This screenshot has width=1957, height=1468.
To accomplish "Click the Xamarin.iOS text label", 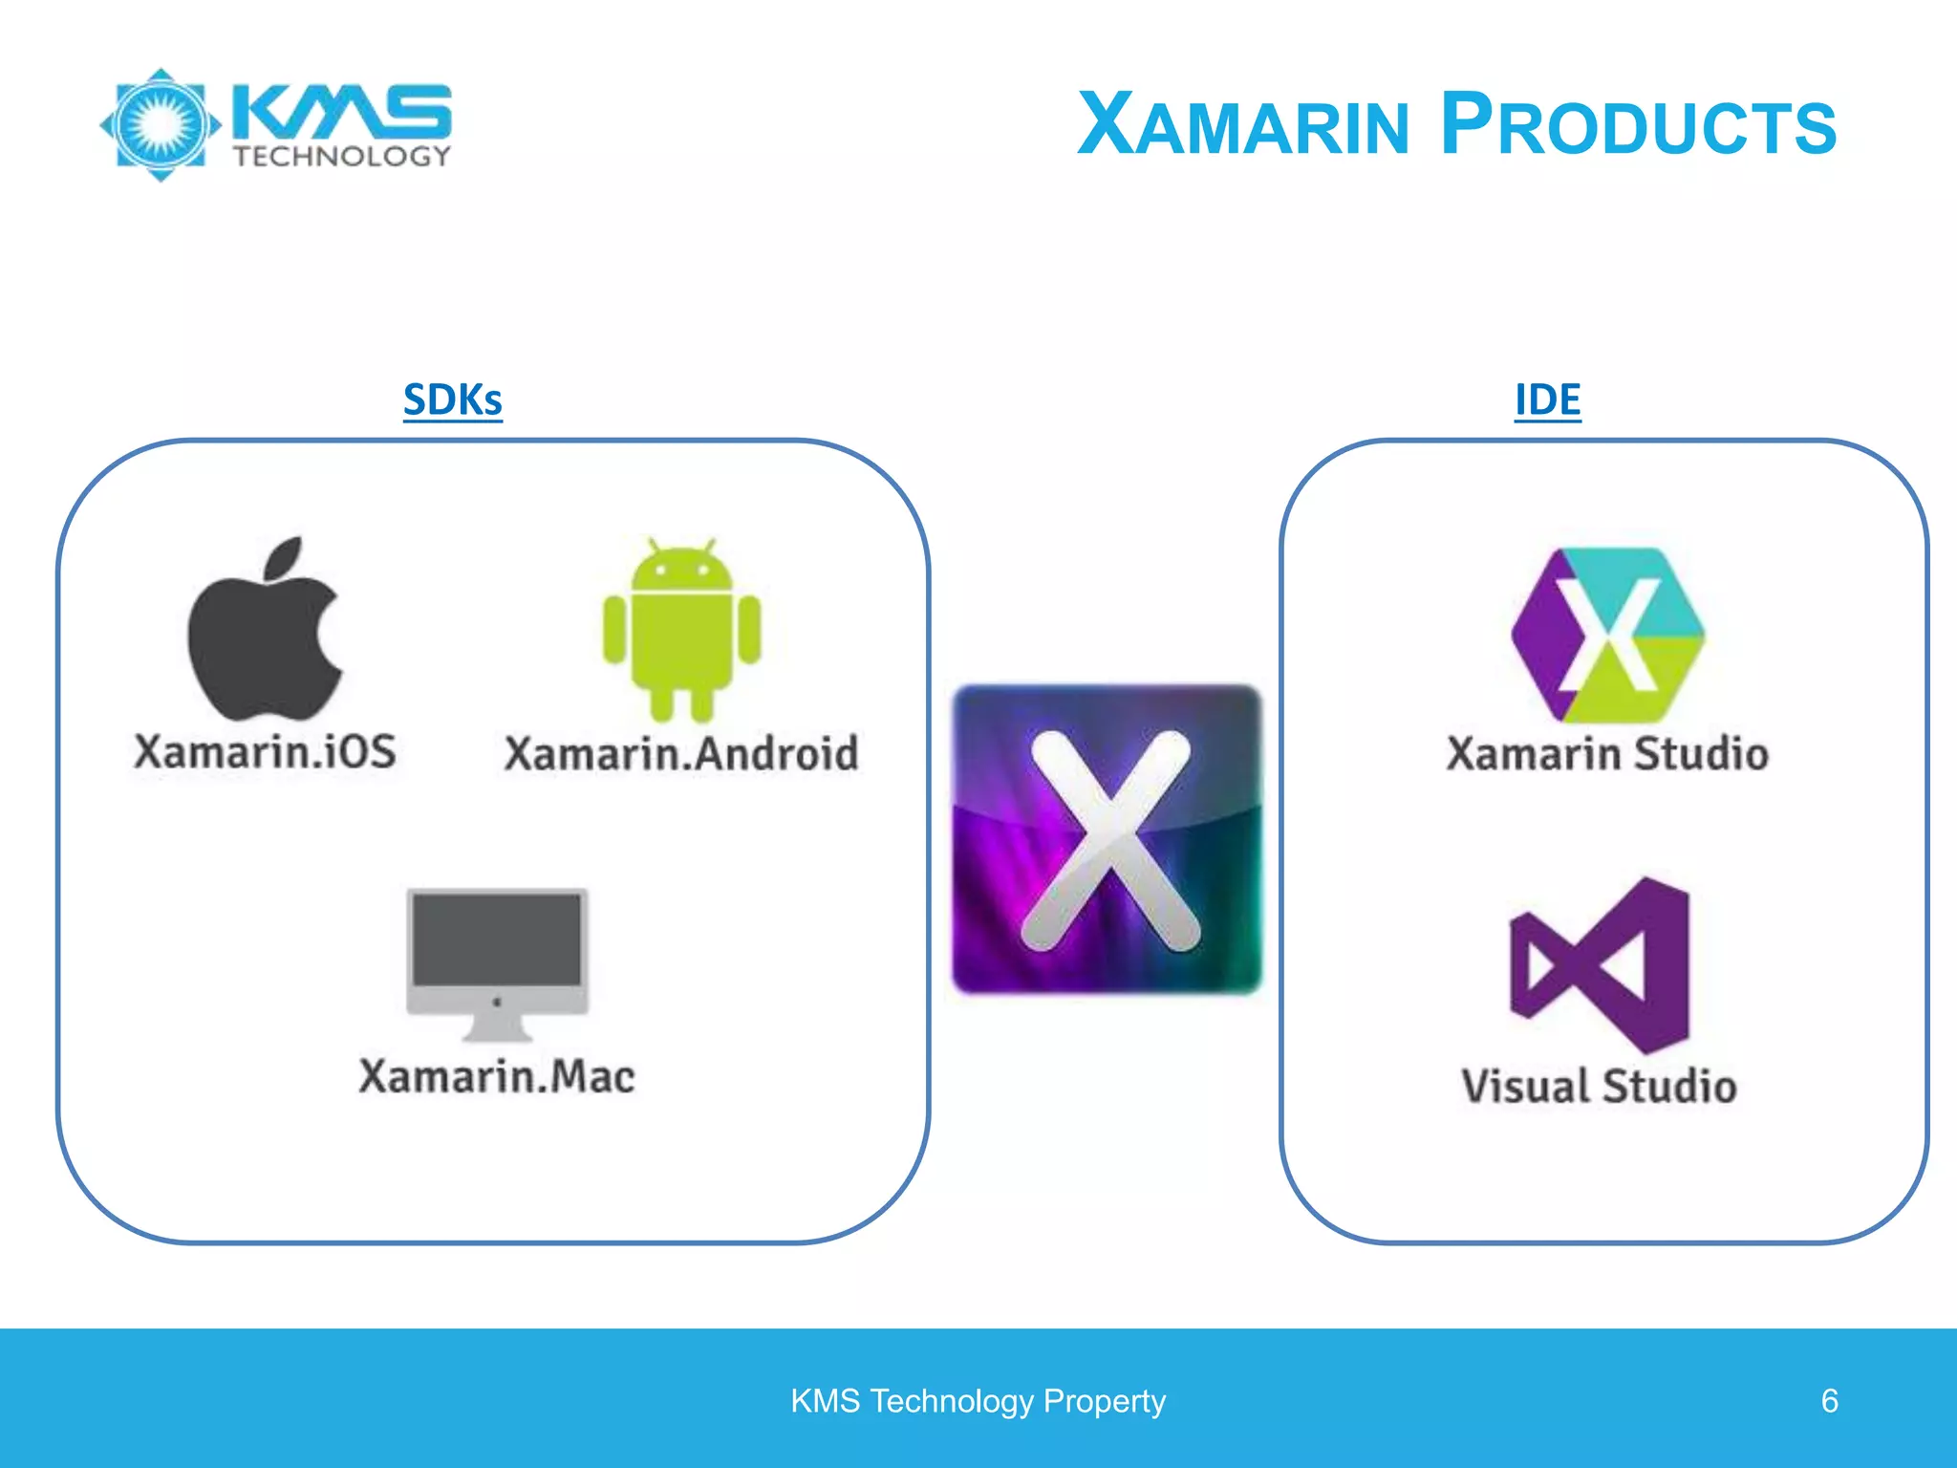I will coord(265,752).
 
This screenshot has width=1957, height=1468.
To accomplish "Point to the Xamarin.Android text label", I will coord(681,754).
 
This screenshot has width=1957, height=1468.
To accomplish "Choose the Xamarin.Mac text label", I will coord(497,1077).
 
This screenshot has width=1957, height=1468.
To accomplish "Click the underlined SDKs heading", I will coord(452,399).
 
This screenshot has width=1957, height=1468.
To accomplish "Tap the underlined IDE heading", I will coord(1547,399).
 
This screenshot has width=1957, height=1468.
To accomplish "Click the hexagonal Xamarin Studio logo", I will coord(1608,635).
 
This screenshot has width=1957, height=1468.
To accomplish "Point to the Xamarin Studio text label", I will coord(1607,754).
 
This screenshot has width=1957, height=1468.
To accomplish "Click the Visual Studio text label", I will coord(1599,1087).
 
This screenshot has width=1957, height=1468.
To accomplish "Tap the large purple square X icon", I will coord(1108,839).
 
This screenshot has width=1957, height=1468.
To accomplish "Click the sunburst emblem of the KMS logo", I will coord(161,125).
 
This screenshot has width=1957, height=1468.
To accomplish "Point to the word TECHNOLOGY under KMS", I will coord(342,157).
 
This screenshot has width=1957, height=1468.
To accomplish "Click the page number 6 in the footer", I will coord(1829,1401).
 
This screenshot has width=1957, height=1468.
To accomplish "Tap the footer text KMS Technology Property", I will coord(978,1401).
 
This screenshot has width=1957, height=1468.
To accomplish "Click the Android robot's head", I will coord(681,569).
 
